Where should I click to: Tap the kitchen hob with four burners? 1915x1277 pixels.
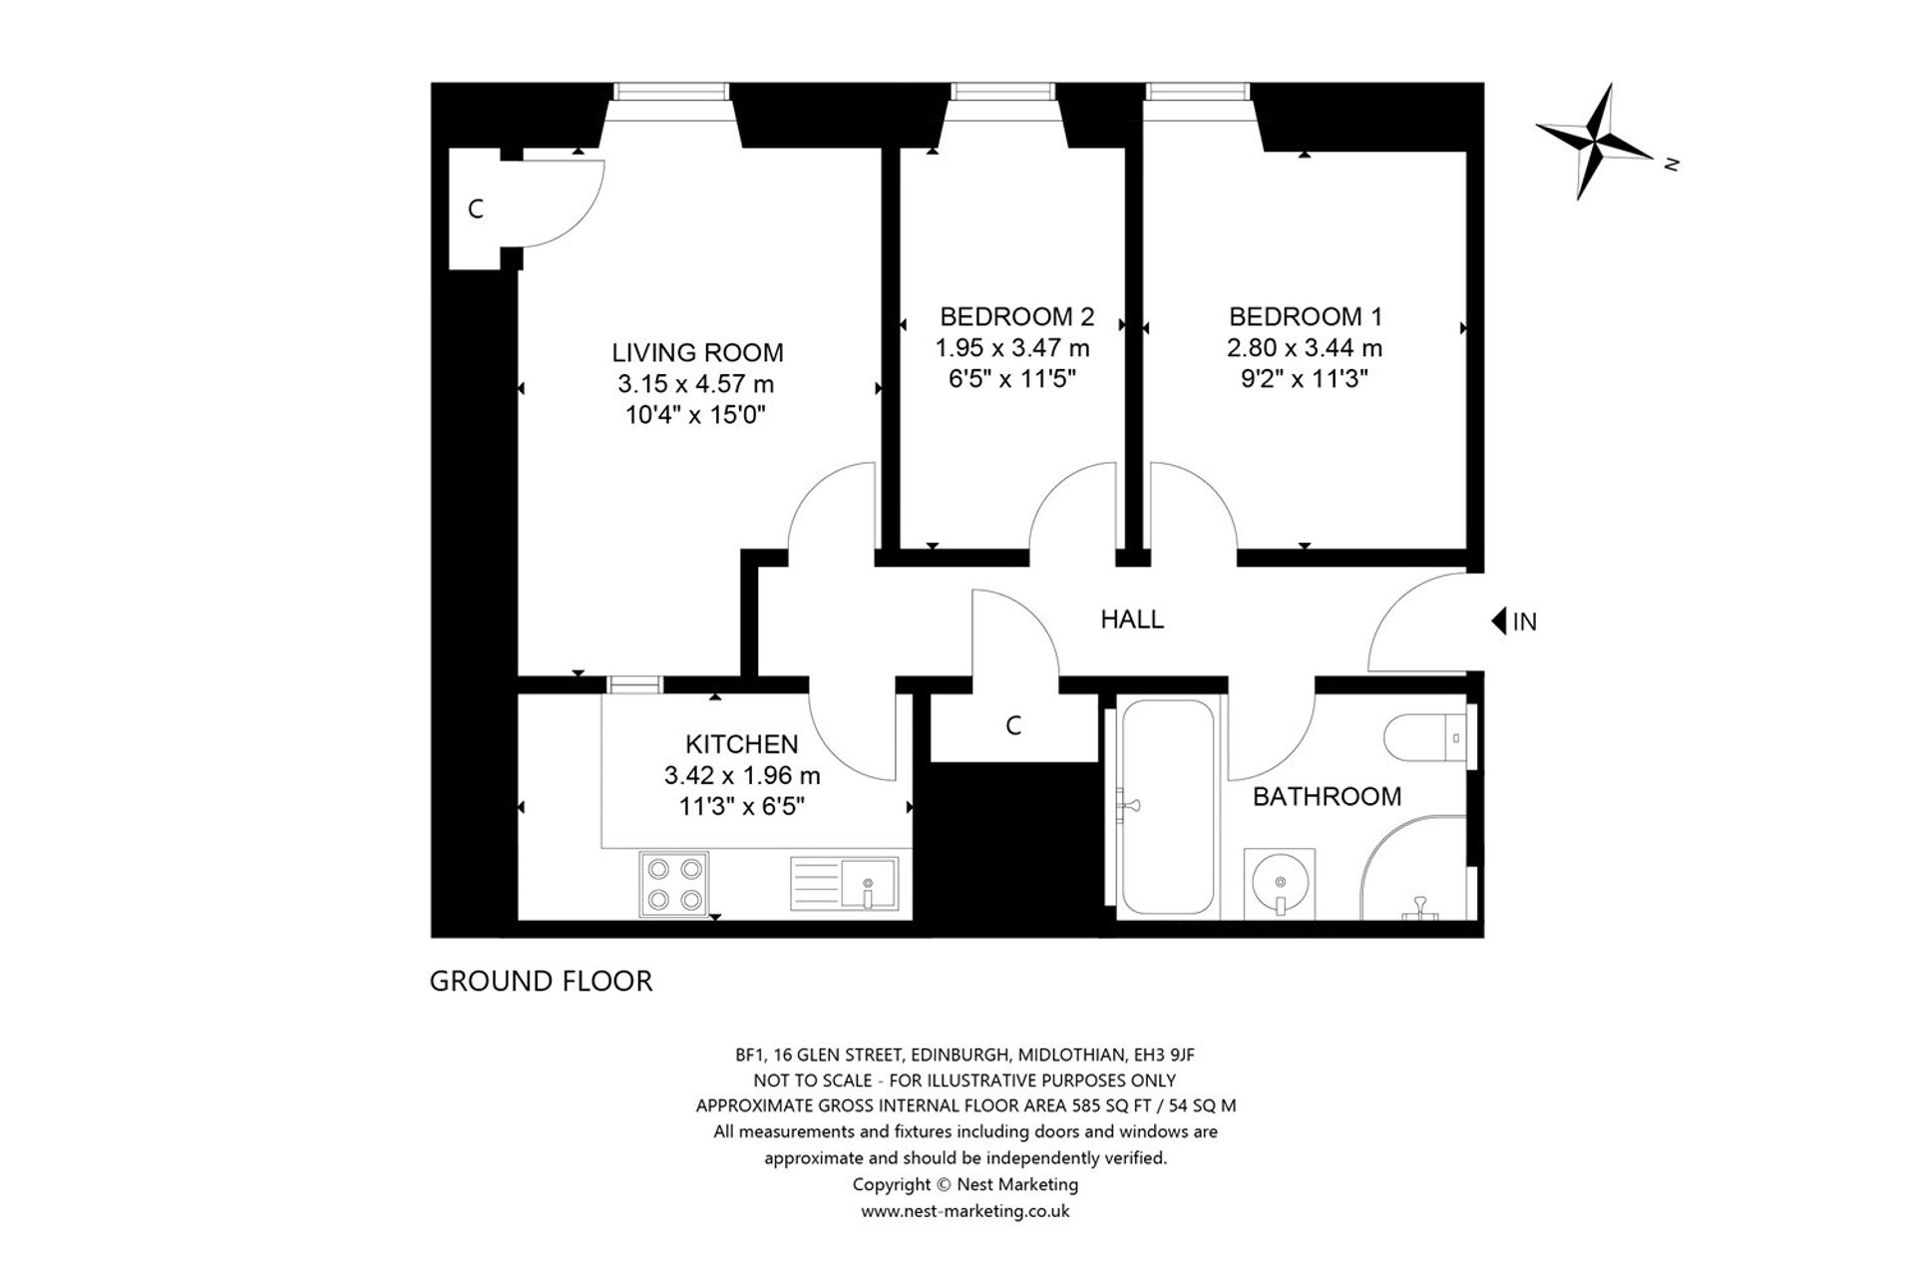(x=674, y=884)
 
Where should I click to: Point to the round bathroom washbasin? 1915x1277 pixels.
(x=1280, y=882)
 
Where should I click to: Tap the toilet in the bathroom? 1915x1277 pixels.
(x=1436, y=739)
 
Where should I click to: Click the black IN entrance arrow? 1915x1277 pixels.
(x=1498, y=622)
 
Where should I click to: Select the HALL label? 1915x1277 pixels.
(x=1132, y=620)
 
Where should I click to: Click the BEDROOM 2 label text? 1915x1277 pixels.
(x=1016, y=317)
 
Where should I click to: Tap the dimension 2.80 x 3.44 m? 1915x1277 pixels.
(x=1305, y=348)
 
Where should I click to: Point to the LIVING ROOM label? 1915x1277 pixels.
(x=697, y=352)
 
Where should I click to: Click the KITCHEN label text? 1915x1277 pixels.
(x=741, y=744)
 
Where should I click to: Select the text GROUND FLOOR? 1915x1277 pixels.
(x=541, y=982)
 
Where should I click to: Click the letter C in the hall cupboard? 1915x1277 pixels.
(x=1013, y=726)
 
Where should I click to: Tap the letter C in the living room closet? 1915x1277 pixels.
(x=476, y=210)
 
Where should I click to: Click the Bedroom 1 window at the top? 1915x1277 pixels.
(x=1197, y=92)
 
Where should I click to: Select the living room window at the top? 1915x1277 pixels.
(x=670, y=92)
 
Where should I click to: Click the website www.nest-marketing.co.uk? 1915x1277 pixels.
(x=964, y=1211)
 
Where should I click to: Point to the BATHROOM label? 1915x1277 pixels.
(x=1327, y=796)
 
